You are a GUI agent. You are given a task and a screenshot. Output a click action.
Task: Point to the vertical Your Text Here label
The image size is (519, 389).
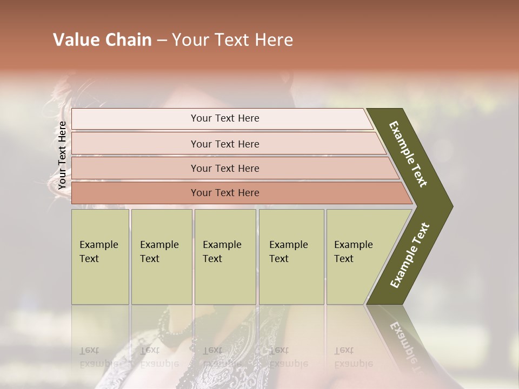(x=62, y=155)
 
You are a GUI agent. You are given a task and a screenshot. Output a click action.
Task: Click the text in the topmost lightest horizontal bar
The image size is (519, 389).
(x=225, y=118)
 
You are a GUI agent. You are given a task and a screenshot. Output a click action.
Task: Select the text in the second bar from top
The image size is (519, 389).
(x=225, y=144)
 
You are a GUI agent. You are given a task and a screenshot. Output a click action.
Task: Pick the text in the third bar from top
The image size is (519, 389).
(x=225, y=169)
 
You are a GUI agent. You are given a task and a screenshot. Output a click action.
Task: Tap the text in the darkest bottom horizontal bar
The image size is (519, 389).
(x=225, y=193)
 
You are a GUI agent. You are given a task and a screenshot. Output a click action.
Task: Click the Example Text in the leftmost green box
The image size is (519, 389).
(x=98, y=252)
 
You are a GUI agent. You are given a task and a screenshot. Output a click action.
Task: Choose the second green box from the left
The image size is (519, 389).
(x=161, y=257)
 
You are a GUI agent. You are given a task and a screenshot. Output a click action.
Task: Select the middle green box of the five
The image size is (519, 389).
(x=225, y=257)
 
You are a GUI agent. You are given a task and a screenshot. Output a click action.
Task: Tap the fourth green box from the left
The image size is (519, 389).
(x=291, y=257)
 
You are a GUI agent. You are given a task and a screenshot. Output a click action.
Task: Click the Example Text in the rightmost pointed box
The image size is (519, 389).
(x=353, y=252)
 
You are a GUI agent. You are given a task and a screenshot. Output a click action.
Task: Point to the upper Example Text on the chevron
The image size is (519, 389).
(x=408, y=154)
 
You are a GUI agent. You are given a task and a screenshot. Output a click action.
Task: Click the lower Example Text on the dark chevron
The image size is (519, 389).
(x=409, y=256)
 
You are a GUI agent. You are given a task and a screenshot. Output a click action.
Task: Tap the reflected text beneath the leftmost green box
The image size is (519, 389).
(x=98, y=357)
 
